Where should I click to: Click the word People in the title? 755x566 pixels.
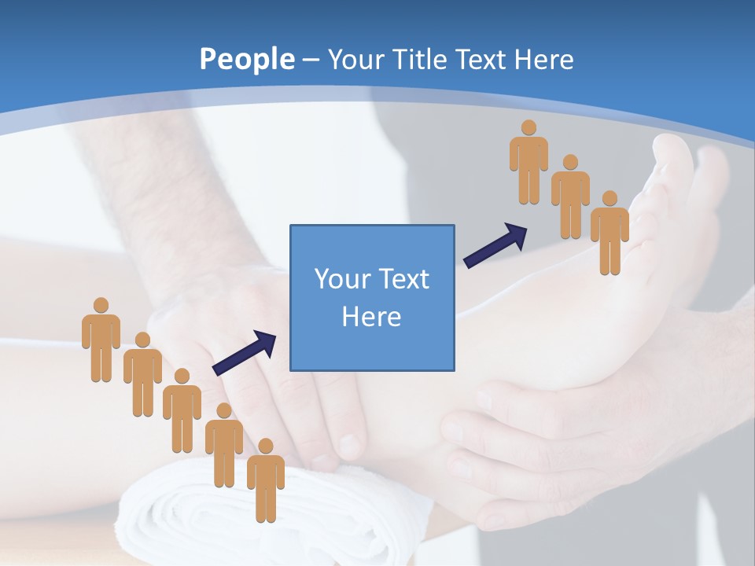246,59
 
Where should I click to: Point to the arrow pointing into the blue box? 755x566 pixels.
245,352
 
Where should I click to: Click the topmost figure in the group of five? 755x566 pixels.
101,340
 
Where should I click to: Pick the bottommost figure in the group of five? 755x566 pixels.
266,481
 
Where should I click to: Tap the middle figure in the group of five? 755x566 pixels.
182,410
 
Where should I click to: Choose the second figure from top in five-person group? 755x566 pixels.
142,375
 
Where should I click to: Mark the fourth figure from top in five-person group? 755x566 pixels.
224,446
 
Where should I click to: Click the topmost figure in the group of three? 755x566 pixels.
528,163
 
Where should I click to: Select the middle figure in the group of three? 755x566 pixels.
570,197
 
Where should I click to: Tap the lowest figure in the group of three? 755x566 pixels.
610,233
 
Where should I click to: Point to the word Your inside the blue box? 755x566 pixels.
341,279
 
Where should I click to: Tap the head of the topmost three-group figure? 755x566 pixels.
528,127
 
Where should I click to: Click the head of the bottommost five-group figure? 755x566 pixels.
266,446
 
